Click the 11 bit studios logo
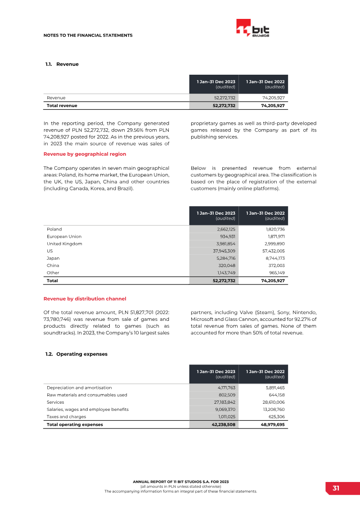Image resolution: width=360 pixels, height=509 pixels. tap(252, 29)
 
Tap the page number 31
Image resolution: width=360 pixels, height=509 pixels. tap(336, 488)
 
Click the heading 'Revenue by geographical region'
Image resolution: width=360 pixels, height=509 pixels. tap(85, 154)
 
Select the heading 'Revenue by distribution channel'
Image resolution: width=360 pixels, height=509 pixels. tap(85, 298)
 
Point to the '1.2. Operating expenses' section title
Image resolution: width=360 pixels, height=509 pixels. tap(76, 354)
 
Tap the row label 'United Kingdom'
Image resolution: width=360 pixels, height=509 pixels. tap(64, 243)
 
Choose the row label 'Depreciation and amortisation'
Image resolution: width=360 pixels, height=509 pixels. tap(79, 387)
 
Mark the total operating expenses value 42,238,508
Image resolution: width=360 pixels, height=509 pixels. tap(220, 424)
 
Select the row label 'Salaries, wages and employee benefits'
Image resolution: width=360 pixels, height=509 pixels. tap(88, 410)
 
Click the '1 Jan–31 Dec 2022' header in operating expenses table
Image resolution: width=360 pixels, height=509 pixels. tap(265, 372)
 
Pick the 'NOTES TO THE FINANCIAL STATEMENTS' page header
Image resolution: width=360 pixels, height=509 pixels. tap(88, 35)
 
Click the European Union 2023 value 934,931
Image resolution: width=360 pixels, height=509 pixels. tap(226, 236)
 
